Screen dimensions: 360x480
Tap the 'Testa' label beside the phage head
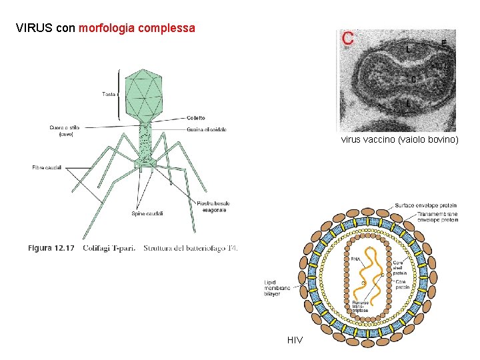point(109,94)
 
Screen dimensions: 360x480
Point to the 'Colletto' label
point(196,118)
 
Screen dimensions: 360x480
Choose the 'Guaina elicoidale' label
point(206,129)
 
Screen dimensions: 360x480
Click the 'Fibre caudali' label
point(47,167)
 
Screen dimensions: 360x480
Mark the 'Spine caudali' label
point(147,213)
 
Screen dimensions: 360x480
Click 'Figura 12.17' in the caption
point(51,248)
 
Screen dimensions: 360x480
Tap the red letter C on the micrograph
point(348,39)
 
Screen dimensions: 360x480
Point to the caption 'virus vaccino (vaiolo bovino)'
point(399,140)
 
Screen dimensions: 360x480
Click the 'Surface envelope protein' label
point(426,205)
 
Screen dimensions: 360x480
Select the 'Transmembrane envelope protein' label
point(437,217)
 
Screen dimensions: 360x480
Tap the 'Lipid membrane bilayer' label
point(277,288)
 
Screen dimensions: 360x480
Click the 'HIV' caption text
point(295,340)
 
